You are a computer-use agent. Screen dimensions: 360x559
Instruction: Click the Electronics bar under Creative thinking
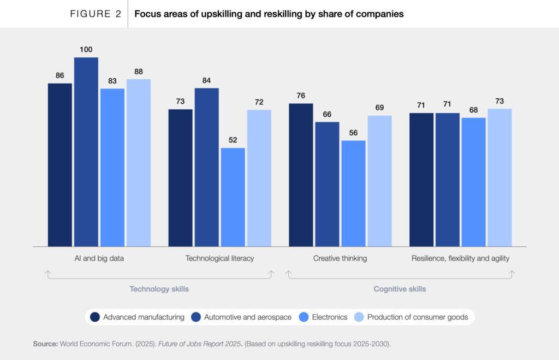pos(353,193)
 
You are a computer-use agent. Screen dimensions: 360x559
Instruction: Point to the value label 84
pos(206,80)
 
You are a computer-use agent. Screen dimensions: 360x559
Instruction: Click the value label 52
pos(233,140)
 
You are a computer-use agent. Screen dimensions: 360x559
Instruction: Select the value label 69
pos(379,108)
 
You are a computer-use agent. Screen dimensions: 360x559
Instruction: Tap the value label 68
pos(473,110)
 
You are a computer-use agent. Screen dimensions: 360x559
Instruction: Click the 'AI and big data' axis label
pos(99,258)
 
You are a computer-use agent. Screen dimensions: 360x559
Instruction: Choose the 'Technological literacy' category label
pos(219,258)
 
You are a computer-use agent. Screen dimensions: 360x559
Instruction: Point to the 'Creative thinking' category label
pos(340,258)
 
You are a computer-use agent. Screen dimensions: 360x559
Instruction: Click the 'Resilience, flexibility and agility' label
pos(460,258)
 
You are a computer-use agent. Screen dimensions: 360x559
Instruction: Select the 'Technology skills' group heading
pos(159,289)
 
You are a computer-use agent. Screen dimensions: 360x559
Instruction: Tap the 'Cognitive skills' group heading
pos(400,289)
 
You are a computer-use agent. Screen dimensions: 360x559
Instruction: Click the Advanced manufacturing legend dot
pos(95,317)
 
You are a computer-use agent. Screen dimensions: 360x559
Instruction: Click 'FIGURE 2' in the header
pos(96,14)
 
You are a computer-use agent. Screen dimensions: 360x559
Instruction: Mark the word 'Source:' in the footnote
pos(45,344)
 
